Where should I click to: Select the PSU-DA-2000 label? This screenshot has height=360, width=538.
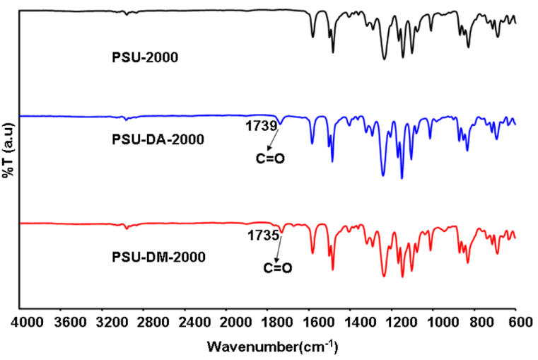[x=158, y=139]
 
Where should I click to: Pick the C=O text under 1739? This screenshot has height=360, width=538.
[x=269, y=158]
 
